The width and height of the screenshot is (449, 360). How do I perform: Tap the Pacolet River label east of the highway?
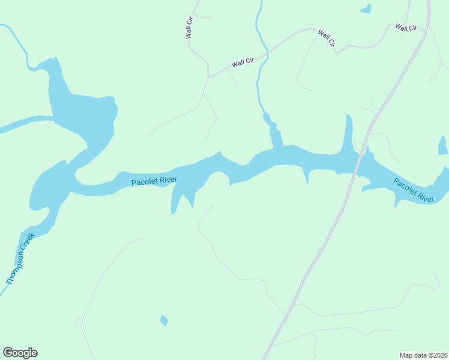pos(414,190)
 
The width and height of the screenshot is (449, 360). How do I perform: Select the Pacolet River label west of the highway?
pos(154,180)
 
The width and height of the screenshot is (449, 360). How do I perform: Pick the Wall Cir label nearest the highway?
pos(406,27)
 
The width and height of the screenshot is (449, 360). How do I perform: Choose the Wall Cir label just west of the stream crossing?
pos(244,62)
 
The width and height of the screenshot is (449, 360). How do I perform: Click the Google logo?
pos(20,353)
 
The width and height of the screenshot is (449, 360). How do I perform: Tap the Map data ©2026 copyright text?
pos(423,355)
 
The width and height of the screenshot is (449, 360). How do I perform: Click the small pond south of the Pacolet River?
pos(164,320)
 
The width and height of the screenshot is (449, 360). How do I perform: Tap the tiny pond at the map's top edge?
pos(366,8)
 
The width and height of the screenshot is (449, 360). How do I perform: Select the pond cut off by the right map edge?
pos(443,145)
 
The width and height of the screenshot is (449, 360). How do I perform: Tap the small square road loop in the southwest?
pos(79,323)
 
